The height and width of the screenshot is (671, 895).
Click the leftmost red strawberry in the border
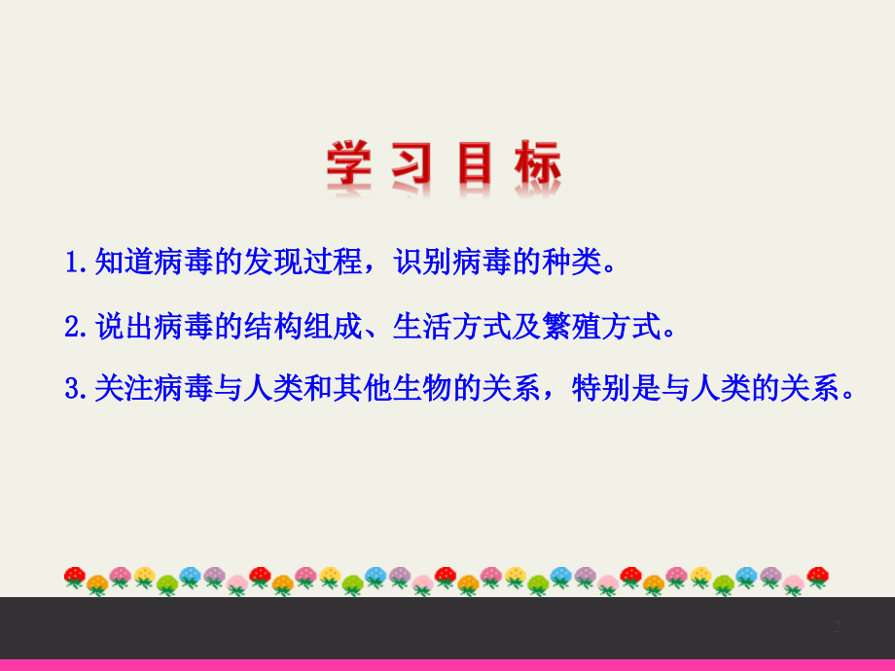[x=75, y=578]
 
